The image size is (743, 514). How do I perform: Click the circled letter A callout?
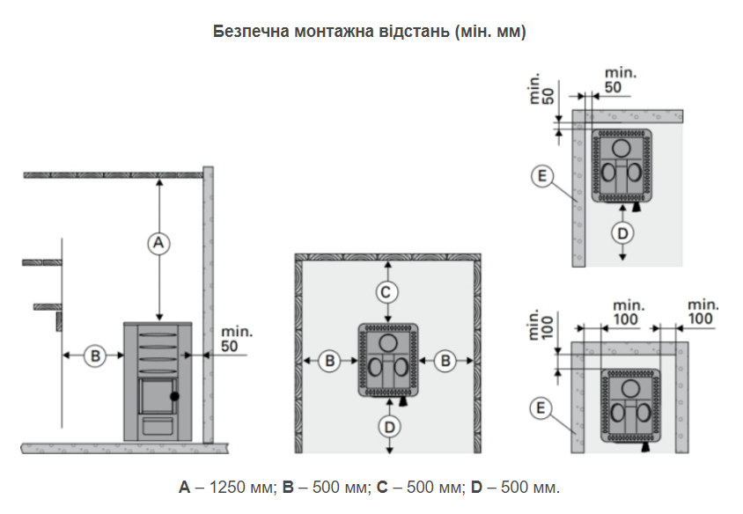point(158,243)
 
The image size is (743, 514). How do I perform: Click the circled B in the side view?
point(95,356)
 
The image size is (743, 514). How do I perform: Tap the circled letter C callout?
point(386,292)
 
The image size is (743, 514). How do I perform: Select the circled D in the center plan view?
point(389,428)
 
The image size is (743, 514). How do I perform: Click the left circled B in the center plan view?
point(330,361)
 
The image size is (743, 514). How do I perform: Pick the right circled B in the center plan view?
point(445,361)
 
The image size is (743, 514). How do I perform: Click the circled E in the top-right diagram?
point(542,176)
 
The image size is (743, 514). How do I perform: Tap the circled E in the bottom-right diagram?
point(541,408)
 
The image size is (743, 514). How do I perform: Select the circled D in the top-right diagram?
point(622,233)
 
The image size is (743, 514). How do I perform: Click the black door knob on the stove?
point(174,396)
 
